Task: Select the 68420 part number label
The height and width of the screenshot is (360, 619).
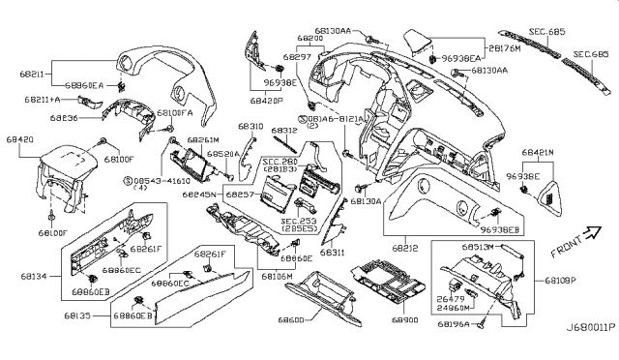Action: point(20,140)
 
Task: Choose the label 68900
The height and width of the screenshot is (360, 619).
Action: point(407,319)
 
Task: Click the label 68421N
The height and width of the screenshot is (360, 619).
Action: point(537,153)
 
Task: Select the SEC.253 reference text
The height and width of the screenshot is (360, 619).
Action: point(300,221)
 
